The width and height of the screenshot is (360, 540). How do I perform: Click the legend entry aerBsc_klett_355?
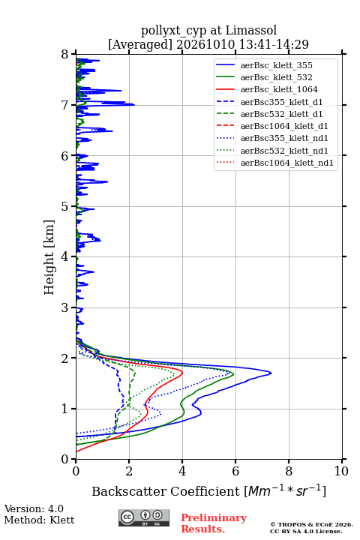coord(276,65)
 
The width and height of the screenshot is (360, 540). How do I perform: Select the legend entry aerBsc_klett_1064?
coord(279,89)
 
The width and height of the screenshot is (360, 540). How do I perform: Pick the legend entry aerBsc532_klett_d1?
coord(281,114)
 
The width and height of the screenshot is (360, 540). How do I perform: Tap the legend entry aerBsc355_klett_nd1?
coord(284,138)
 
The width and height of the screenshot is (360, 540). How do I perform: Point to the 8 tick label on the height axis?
coord(65,55)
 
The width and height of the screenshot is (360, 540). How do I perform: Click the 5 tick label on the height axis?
coord(65,207)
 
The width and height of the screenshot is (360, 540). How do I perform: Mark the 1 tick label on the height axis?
coord(65,409)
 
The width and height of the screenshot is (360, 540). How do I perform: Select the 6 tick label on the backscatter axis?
coord(235,471)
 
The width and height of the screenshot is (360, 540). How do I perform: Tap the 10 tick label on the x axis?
coord(341,471)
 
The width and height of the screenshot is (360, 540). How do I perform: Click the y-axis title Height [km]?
coord(49,257)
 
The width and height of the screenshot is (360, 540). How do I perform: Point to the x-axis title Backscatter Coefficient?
coord(166,491)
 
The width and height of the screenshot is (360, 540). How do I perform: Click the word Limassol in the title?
coord(251,31)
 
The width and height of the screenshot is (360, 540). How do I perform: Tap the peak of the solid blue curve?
coord(271,373)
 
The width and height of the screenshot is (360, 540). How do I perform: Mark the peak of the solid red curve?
coord(182,373)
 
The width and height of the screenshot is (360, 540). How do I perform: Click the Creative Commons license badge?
coord(144,517)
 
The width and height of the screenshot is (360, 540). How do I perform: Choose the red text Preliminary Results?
coord(214,523)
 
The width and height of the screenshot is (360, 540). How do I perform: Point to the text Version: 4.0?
coord(34,508)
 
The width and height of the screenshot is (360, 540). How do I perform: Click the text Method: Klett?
coord(39,520)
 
